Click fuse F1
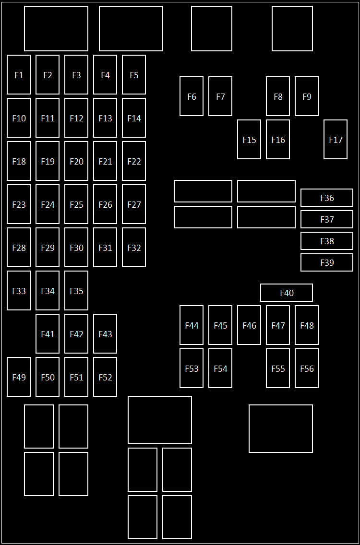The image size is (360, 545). point(19,75)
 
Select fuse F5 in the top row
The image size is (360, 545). point(134,75)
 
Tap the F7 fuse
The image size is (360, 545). point(220,96)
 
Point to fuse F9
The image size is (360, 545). point(307,96)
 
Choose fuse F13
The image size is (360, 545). point(105,118)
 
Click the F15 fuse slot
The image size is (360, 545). point(249,140)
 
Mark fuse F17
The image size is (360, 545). point(336,140)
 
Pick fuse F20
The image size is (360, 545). point(76,161)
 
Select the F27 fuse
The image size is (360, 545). point(134,204)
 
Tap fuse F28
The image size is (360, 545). point(19,248)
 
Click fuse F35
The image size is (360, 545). point(76,291)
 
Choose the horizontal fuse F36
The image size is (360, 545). point(327,198)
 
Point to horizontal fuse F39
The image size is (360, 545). point(327,262)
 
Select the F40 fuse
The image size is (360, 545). point(287,293)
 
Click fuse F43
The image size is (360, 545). point(105,334)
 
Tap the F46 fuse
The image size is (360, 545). point(249,325)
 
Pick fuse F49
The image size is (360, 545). point(19,377)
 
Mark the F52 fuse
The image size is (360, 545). point(105,377)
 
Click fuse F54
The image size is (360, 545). point(220,368)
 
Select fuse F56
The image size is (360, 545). point(307,368)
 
